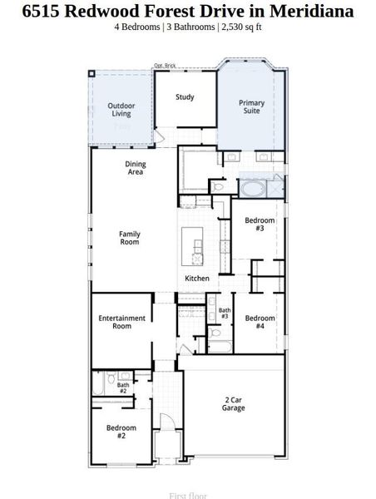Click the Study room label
185,97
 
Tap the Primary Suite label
252,107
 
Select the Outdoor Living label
121,109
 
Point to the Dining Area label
136,168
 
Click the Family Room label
130,238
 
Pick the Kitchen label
197,278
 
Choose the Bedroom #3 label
260,224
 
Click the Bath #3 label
225,314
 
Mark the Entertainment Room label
122,322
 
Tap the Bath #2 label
123,388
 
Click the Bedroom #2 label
121,431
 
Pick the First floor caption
188,495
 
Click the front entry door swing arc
166,421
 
